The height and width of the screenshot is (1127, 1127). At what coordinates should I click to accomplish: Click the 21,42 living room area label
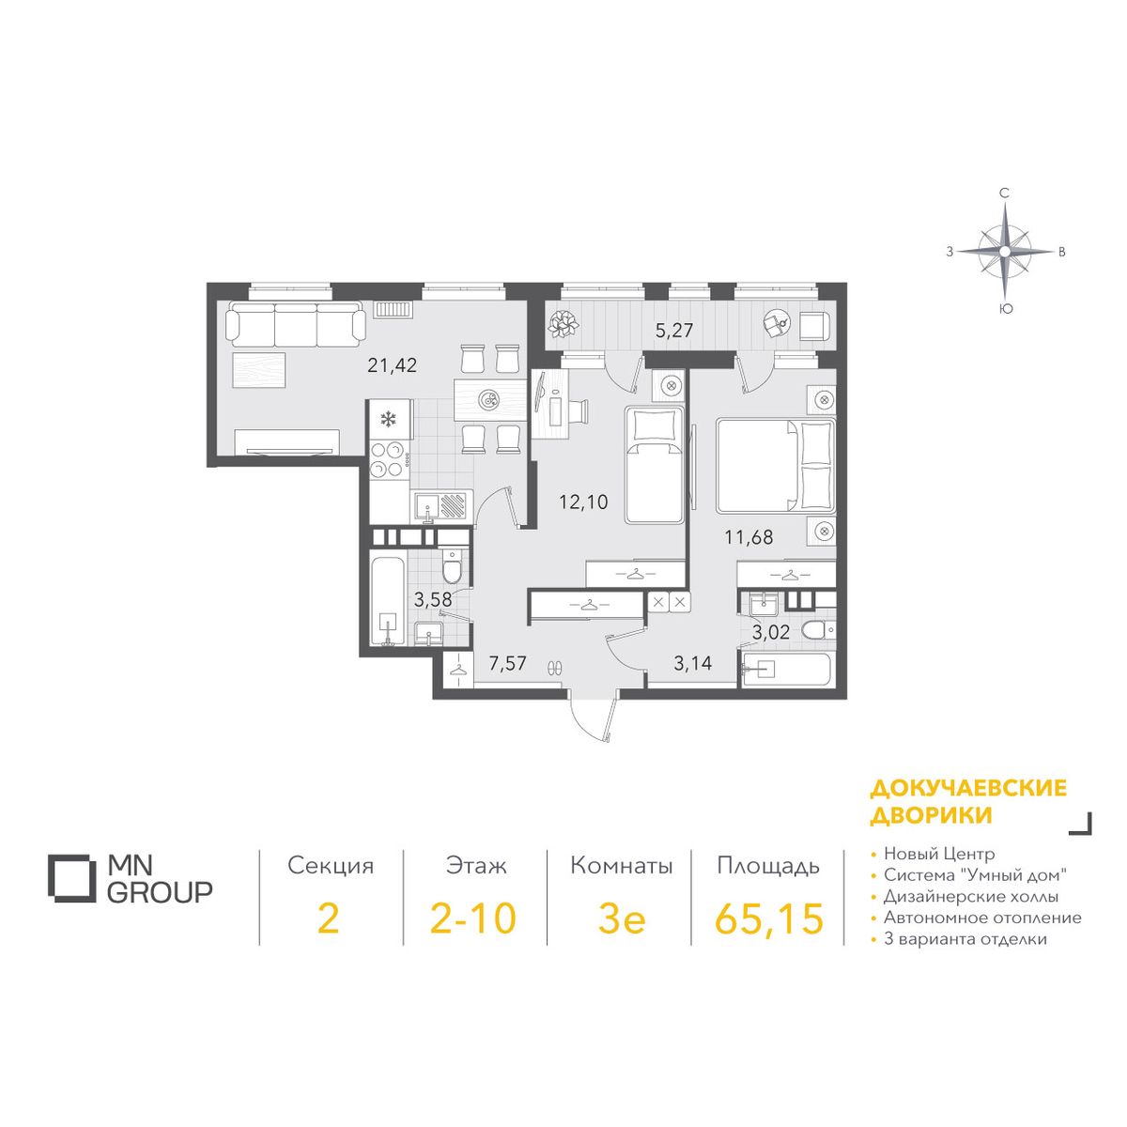pos(392,365)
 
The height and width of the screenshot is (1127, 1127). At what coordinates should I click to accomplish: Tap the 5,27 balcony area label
pos(673,331)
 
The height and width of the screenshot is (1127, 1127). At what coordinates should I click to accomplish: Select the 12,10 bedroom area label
pos(583,502)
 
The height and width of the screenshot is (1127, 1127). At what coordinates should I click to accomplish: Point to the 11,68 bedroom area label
pos(749,536)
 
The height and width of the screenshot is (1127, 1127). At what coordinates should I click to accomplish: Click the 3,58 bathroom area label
pos(433,599)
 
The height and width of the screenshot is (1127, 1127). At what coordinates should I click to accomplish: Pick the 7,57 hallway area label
pos(508,663)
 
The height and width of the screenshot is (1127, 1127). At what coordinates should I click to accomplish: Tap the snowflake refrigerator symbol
pos(387,418)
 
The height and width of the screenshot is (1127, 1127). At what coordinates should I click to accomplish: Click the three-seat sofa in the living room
pos(295,324)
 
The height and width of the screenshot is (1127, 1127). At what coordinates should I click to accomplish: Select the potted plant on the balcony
pos(564,323)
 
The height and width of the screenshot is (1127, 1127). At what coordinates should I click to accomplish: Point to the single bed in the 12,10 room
pos(654,466)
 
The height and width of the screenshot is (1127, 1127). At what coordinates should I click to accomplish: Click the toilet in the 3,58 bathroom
pos(451,566)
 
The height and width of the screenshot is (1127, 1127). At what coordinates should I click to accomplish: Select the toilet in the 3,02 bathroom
pos(819,630)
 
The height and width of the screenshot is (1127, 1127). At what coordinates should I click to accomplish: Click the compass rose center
pos(1004,252)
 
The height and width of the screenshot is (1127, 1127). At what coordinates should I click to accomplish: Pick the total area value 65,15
pos(769,919)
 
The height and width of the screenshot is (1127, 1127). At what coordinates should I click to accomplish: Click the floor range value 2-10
pos(473,919)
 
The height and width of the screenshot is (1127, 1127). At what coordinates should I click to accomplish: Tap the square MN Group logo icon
pos(71,878)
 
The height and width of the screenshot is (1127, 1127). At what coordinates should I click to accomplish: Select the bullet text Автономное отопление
pos(982,918)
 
